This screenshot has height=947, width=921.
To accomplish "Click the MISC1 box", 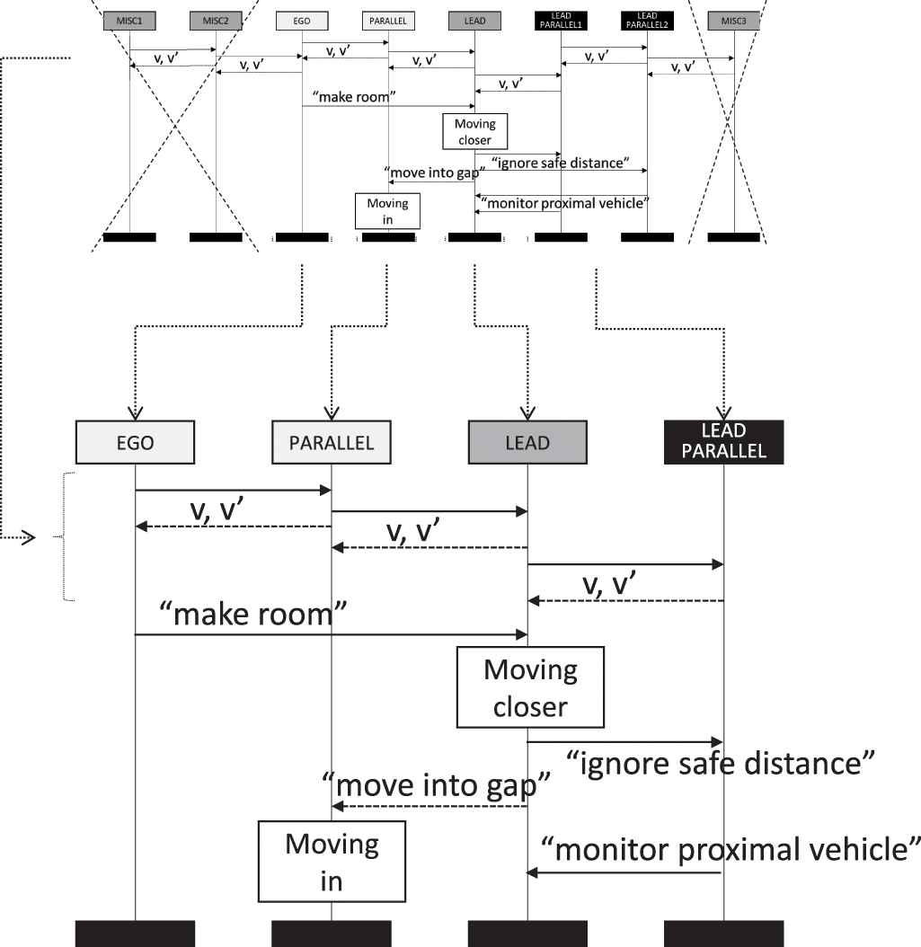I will [129, 20].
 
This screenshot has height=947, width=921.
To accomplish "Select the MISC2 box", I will [216, 20].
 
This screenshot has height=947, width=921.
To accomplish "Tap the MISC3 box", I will [734, 20].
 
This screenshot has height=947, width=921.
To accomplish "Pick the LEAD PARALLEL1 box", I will [561, 20].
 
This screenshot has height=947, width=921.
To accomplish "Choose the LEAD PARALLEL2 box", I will [647, 20].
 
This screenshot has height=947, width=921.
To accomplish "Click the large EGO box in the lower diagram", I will [135, 443].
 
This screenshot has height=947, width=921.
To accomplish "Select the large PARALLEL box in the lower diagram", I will [332, 443].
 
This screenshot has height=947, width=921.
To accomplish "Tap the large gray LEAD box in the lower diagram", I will [527, 443].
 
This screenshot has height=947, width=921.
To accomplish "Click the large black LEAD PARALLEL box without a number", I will [723, 441].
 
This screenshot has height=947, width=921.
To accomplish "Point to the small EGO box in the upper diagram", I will [302, 20].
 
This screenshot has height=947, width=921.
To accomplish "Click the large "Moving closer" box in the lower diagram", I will [530, 688].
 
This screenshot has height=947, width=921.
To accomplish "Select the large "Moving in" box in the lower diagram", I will [332, 862].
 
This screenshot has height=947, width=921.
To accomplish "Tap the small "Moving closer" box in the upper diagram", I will [474, 130].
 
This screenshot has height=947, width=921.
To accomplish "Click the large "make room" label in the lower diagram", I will [252, 615].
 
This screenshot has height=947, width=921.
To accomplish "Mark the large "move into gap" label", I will [435, 785].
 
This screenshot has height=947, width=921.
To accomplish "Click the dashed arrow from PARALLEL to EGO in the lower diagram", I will [234, 527].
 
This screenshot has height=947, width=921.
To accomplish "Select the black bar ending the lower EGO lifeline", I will [135, 934].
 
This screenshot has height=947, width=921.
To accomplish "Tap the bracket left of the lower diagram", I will [66, 536].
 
